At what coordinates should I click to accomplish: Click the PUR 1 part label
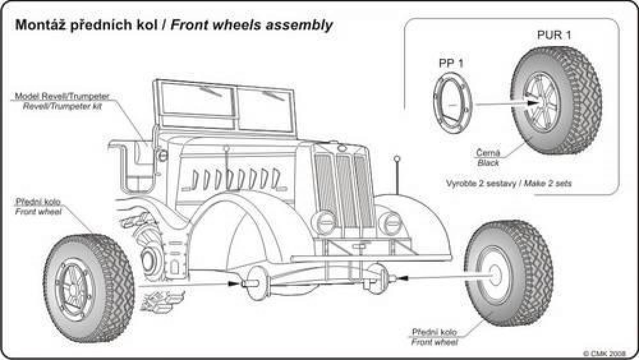click(554, 35)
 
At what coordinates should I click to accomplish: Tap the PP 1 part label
click(451, 63)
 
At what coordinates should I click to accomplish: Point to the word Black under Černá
click(488, 163)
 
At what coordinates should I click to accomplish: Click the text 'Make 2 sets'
click(548, 184)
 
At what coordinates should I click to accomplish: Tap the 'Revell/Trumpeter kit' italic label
click(62, 107)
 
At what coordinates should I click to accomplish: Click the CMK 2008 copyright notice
click(604, 354)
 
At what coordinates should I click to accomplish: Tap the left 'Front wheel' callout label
click(38, 212)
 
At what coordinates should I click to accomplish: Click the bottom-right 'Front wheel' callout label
click(434, 342)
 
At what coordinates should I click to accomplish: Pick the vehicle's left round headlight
click(325, 222)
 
